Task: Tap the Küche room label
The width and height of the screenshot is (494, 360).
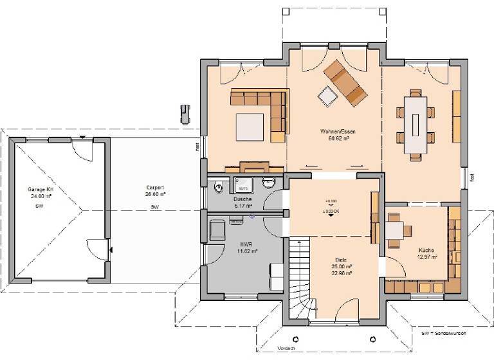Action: (426, 249)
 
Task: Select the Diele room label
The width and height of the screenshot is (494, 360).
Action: (340, 259)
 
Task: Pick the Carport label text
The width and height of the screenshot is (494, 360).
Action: (155, 187)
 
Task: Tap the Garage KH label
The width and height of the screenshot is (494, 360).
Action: (39, 190)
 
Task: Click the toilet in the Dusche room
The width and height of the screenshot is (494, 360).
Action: (219, 187)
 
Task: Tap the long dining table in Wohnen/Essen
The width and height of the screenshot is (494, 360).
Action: (416, 125)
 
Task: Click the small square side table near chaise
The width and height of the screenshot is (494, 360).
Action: (327, 95)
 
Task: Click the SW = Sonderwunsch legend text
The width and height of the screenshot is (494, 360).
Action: (443, 334)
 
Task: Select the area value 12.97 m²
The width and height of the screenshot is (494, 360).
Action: (426, 256)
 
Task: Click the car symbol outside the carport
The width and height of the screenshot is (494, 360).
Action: (185, 113)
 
